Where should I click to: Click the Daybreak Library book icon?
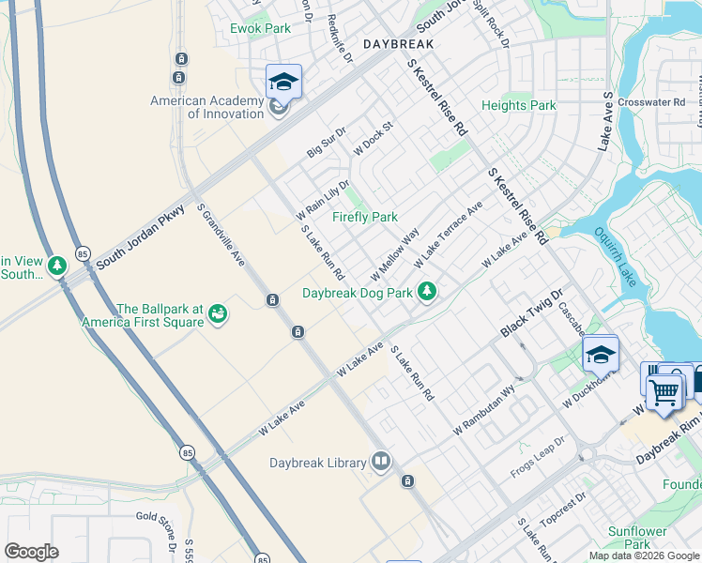[x=381, y=461]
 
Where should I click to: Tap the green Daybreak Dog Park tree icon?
[x=427, y=292]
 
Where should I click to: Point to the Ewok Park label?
[x=260, y=28]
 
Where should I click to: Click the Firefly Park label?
[x=365, y=217]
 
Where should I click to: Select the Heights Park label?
[x=518, y=106]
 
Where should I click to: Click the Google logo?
[x=31, y=552]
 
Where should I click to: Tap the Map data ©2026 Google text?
[x=644, y=555]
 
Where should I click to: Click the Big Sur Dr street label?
[x=327, y=142]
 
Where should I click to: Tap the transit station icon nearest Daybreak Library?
[x=407, y=481]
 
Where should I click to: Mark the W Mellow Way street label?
[x=394, y=253]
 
